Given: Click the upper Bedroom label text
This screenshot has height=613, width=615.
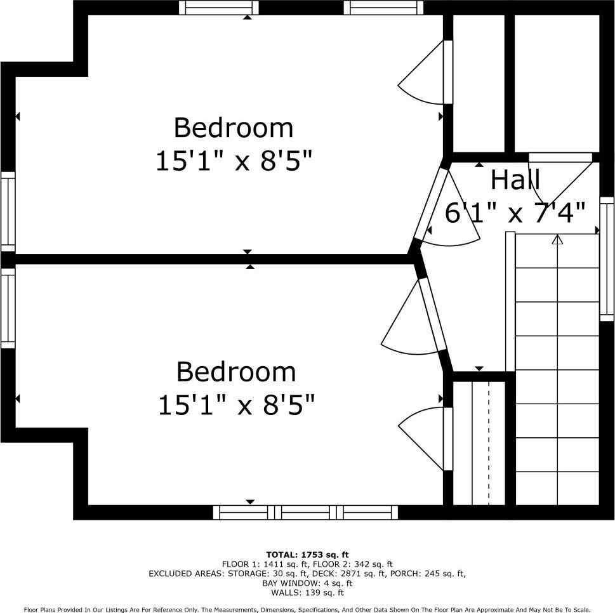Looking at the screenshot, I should pyautogui.click(x=234, y=128).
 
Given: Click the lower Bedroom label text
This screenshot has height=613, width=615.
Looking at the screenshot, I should pyautogui.click(x=235, y=371).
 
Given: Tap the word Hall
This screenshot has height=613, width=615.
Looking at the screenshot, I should pyautogui.click(x=515, y=180).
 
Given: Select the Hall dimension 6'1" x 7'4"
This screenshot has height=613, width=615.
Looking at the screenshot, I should pyautogui.click(x=515, y=213).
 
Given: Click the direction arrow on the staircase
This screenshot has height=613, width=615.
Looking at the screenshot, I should pyautogui.click(x=557, y=240).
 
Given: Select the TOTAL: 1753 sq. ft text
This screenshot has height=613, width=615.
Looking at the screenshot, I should pyautogui.click(x=307, y=555).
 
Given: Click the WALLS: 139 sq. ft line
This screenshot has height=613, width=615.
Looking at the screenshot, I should pyautogui.click(x=307, y=593).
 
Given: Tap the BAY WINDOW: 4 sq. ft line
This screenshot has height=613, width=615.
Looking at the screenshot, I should pyautogui.click(x=307, y=583).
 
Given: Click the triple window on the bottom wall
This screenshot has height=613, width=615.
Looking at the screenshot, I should pyautogui.click(x=305, y=512).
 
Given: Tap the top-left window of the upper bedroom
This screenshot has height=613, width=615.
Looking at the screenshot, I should pyautogui.click(x=219, y=8).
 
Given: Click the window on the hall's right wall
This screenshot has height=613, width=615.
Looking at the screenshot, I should pyautogui.click(x=607, y=257).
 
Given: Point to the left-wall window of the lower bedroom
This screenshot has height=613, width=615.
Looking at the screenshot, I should pyautogui.click(x=8, y=308).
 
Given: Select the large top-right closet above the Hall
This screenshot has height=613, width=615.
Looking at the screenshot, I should pyautogui.click(x=557, y=82).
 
